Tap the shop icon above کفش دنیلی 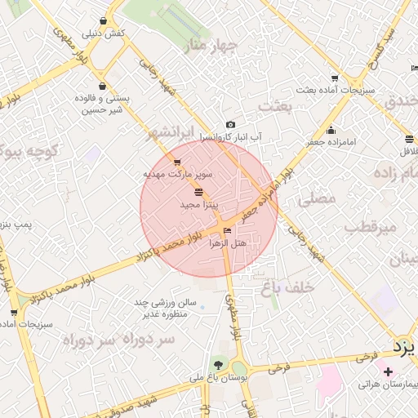[103, 20]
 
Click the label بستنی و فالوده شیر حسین [100, 102]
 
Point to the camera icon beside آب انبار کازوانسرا [231, 125]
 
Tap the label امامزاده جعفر [331, 142]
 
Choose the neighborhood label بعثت [275, 106]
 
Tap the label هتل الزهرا [228, 242]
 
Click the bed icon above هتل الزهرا [227, 231]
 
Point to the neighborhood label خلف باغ [289, 287]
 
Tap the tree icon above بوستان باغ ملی [218, 364]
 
